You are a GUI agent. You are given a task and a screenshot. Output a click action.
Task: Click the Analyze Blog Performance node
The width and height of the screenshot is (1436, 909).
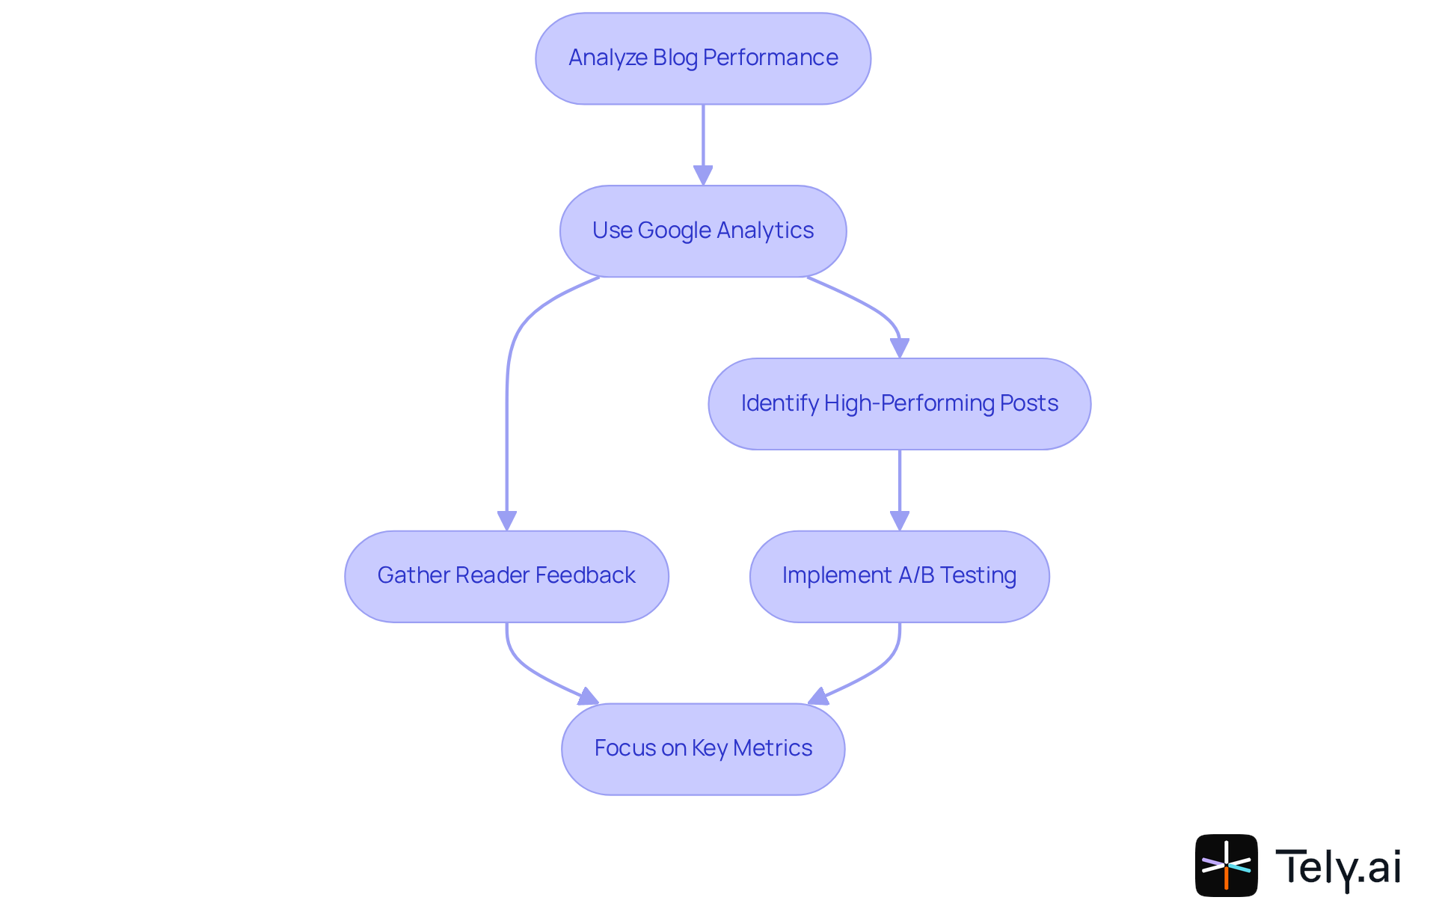point(703,58)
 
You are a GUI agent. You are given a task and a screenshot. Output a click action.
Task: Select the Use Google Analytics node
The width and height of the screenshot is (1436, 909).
point(703,231)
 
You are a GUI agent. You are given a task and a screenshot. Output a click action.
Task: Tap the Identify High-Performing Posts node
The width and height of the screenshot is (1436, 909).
point(899,404)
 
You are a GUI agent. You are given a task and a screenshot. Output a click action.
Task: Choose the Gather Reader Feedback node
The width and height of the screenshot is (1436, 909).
point(506,576)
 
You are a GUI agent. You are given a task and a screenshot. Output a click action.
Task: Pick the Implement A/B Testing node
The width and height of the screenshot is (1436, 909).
point(899,576)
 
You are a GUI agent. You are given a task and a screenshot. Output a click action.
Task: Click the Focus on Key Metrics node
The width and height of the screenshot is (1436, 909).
point(703,749)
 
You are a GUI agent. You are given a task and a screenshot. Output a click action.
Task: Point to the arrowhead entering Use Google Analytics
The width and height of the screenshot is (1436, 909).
point(703,175)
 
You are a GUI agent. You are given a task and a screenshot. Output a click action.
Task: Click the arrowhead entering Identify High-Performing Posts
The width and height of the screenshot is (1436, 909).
point(899,348)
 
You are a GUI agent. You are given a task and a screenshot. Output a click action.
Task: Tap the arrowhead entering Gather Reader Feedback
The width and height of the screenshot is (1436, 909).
point(507,521)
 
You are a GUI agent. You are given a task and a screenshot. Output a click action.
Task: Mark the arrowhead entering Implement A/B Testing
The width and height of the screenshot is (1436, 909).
point(899,521)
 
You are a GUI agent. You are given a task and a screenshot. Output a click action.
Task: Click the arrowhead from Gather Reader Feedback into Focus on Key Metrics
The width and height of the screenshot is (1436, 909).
point(589,697)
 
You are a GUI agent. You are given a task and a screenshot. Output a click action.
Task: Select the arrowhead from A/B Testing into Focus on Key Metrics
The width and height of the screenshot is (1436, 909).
point(818,697)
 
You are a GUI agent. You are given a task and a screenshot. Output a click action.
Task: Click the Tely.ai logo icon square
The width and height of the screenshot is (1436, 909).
point(1226,865)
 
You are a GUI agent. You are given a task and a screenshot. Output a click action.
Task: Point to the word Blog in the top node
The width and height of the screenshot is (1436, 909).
point(675,58)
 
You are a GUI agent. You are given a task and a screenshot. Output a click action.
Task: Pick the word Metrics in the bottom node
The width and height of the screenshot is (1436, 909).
point(773,748)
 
